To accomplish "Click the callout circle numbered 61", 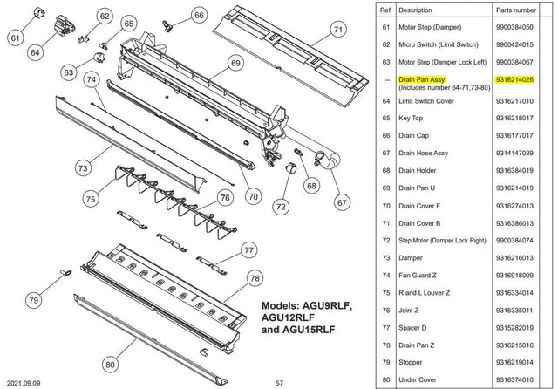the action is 15,38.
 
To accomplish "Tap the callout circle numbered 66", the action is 199,16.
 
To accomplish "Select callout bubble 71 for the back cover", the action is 338,30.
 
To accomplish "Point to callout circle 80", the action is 111,365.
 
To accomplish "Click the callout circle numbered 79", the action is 34,300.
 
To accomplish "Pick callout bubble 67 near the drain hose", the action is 342,202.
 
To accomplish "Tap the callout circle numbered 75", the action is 91,199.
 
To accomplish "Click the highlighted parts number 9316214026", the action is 514,79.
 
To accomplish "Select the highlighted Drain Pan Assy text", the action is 422,79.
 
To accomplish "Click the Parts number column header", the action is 516,10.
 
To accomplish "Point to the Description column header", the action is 415,10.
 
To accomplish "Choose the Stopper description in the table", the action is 411,362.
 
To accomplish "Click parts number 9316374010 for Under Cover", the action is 514,379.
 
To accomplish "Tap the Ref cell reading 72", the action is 386,241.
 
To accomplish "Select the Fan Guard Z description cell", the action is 418,276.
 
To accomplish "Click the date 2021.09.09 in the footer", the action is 24,383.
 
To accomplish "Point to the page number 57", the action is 279,383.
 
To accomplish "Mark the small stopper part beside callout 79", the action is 66,273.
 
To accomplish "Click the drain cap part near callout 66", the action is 167,26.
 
